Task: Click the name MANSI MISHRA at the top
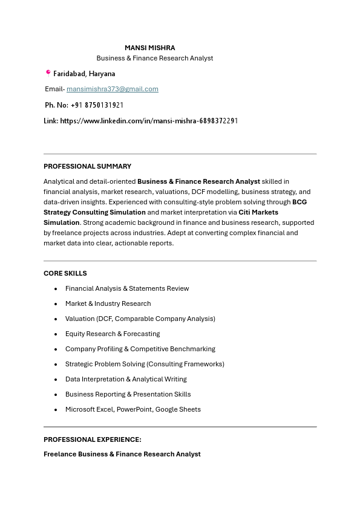click(149, 48)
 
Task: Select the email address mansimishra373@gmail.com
click(113, 89)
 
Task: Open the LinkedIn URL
click(149, 121)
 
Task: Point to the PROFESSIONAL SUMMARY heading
click(87, 166)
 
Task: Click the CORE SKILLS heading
click(65, 273)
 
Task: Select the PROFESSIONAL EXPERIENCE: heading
click(92, 439)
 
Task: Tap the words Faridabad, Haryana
click(84, 74)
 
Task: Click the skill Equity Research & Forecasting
click(113, 334)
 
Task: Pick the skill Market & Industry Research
click(108, 303)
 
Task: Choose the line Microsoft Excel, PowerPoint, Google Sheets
click(133, 409)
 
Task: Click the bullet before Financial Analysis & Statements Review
click(56, 289)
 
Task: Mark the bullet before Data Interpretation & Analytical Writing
click(56, 380)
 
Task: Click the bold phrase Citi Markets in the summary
click(258, 212)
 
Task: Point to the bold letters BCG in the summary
click(299, 202)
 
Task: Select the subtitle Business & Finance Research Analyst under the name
click(155, 58)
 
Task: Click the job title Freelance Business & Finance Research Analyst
click(122, 454)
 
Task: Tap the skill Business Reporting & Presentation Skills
click(128, 394)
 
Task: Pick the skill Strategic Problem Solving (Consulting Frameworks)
click(145, 364)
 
